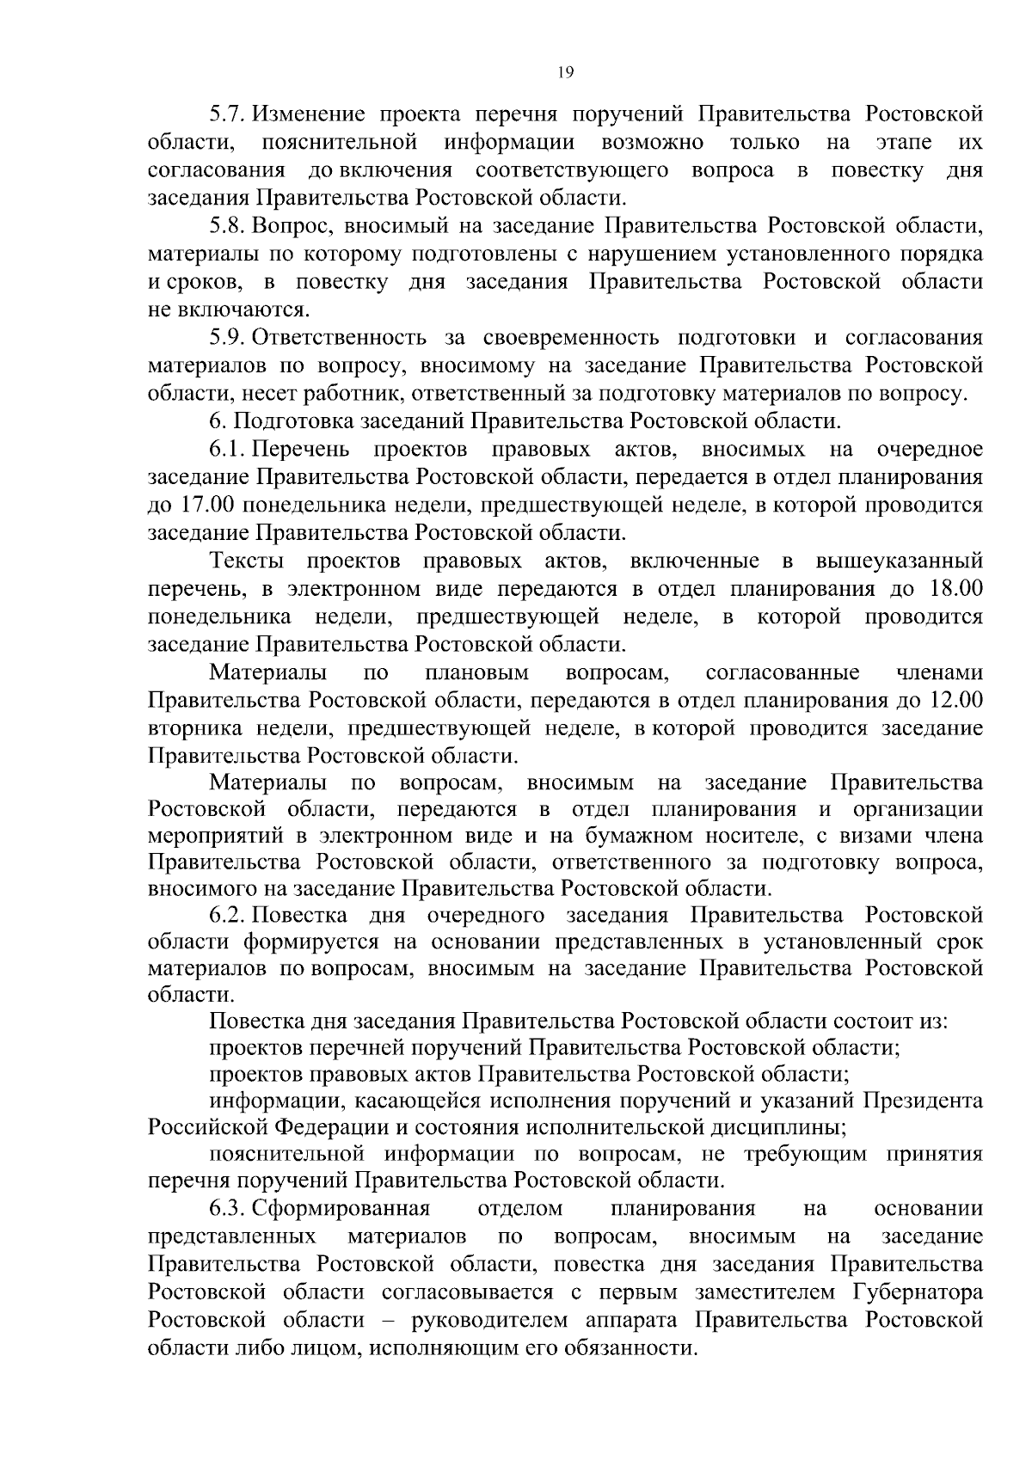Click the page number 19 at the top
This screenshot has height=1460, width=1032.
pos(565,72)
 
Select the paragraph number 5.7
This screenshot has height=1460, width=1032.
pos(228,114)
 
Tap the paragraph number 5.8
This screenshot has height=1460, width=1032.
pos(228,226)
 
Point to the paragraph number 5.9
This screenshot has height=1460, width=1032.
pos(228,337)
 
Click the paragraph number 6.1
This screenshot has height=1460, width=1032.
pos(228,449)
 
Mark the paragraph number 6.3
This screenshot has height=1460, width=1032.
pos(228,1209)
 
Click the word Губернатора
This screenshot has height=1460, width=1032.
pos(918,1292)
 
